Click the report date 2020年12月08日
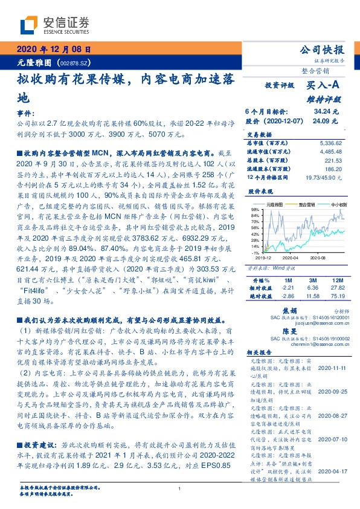[53, 50]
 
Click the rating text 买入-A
[323, 86]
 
